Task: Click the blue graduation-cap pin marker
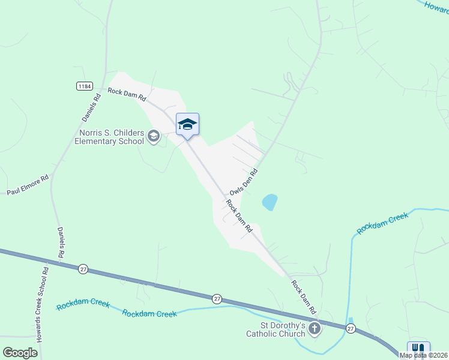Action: tap(187, 124)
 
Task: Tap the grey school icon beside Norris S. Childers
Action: tap(154, 137)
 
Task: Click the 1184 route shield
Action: tap(84, 86)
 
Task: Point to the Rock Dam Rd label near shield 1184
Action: tap(127, 94)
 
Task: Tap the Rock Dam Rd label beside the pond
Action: tap(239, 216)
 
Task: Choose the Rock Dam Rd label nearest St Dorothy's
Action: tap(304, 298)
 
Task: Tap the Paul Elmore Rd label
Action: tap(27, 186)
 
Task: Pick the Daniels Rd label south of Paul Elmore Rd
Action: tap(61, 242)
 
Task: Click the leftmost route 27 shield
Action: tap(83, 269)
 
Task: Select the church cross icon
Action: tap(315, 329)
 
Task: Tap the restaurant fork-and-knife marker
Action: tap(418, 349)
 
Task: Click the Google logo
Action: tap(20, 352)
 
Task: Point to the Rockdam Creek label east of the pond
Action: tap(382, 223)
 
